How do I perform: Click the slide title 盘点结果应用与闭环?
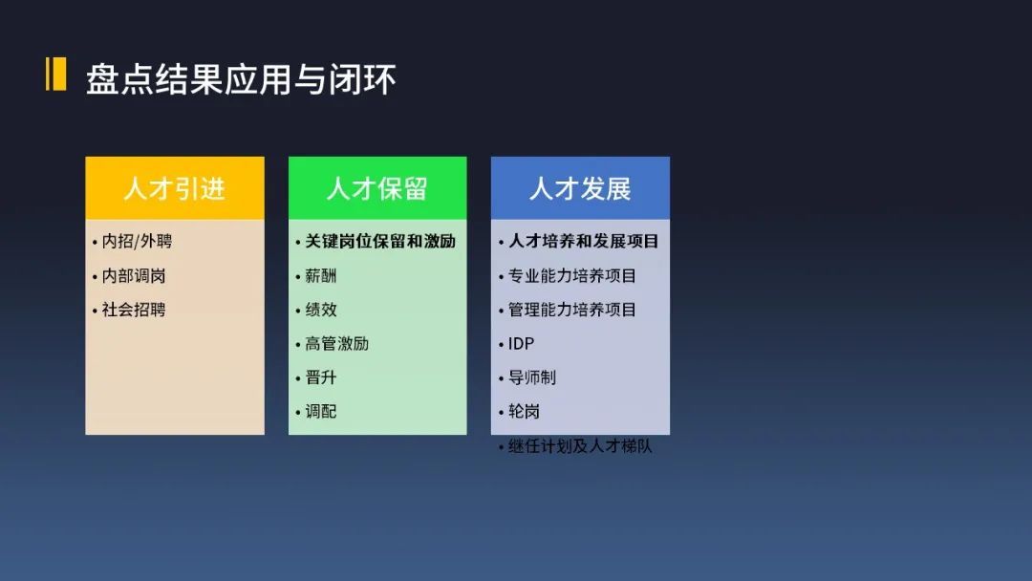pos(241,79)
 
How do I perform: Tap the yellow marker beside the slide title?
pos(55,74)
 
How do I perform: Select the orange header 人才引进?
pos(175,188)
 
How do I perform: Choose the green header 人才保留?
pos(377,188)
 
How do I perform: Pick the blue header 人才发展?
pos(581,188)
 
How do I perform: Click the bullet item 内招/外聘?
pos(137,242)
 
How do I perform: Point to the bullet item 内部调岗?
pos(134,276)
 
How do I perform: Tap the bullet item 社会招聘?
pos(134,310)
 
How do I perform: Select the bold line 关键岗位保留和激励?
pos(380,242)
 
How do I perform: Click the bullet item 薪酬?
pos(320,276)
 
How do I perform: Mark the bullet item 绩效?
pos(320,310)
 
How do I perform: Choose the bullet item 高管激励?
pos(337,344)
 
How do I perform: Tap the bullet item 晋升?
pos(320,377)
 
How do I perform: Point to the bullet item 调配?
pos(320,412)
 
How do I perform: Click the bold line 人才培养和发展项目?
pos(584,242)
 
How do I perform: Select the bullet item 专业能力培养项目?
pos(572,276)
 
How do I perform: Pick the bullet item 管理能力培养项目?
pos(572,310)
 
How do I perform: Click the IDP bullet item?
pos(522,344)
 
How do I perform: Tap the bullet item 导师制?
pos(532,377)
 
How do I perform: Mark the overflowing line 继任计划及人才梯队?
pos(580,446)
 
